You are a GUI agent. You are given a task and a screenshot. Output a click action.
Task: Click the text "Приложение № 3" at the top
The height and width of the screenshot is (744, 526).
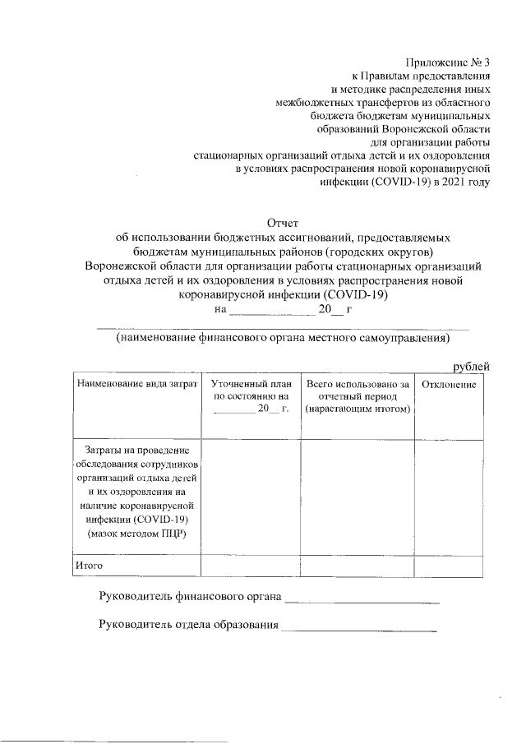(x=447, y=63)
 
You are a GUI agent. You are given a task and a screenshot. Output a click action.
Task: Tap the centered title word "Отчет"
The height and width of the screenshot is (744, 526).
(x=284, y=222)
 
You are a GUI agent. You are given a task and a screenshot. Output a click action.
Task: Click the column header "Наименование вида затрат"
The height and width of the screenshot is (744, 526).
(x=136, y=384)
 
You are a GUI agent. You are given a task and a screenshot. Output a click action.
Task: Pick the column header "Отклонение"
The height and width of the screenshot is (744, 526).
(x=449, y=384)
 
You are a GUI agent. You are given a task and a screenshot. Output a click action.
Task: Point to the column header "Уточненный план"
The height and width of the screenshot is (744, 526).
(x=251, y=384)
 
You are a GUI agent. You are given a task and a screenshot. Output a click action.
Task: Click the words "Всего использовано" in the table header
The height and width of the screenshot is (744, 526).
(x=357, y=384)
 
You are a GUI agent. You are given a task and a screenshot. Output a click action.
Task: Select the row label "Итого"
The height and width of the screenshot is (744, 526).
(x=88, y=566)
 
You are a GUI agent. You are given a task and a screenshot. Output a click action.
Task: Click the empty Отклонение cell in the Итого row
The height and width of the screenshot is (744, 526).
(x=449, y=566)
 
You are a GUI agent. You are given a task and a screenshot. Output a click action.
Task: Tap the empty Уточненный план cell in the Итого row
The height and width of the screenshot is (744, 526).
(x=251, y=566)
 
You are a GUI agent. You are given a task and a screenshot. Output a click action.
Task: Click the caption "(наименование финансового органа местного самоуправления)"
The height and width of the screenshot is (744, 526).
(x=284, y=338)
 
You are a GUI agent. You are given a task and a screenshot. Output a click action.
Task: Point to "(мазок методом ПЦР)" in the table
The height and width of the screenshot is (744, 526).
(x=136, y=534)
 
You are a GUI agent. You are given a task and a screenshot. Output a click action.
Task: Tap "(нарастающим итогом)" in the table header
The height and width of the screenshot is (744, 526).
(x=357, y=409)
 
